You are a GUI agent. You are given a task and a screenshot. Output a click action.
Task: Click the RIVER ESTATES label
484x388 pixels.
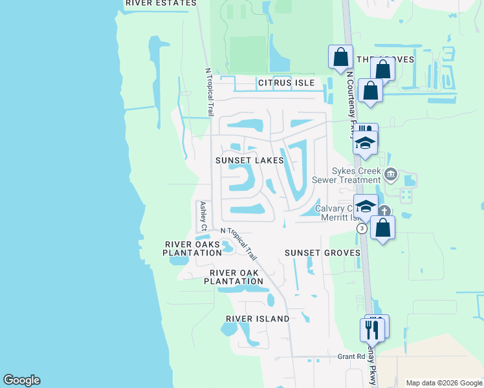click(160, 3)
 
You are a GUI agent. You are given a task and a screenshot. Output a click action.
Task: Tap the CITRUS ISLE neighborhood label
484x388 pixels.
click(286, 83)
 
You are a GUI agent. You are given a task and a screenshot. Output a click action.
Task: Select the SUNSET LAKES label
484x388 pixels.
click(250, 160)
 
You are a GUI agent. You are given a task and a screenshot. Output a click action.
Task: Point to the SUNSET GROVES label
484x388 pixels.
click(322, 252)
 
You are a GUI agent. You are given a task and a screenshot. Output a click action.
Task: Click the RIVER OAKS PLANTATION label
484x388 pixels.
click(193, 248)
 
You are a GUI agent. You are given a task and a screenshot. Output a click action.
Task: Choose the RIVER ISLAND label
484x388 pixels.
click(258, 319)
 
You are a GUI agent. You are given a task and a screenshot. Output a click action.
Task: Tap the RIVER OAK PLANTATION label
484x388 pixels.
click(233, 277)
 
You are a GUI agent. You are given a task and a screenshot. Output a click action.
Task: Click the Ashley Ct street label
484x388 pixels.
click(203, 216)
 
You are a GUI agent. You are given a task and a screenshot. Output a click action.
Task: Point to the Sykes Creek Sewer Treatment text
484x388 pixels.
click(346, 175)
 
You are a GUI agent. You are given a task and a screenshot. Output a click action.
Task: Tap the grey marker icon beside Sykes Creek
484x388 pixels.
click(390, 174)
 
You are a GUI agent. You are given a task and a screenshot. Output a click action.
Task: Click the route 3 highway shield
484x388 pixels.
click(362, 228)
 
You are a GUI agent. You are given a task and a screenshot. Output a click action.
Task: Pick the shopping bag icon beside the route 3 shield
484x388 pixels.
click(383, 228)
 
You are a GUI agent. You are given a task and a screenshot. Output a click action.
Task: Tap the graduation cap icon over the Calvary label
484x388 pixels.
click(366, 206)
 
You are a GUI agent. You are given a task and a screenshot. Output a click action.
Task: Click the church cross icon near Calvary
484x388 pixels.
click(384, 211)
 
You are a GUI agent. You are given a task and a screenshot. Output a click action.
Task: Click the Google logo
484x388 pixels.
click(21, 381)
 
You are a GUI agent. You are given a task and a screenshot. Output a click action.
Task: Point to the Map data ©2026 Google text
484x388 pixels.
click(444, 383)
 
